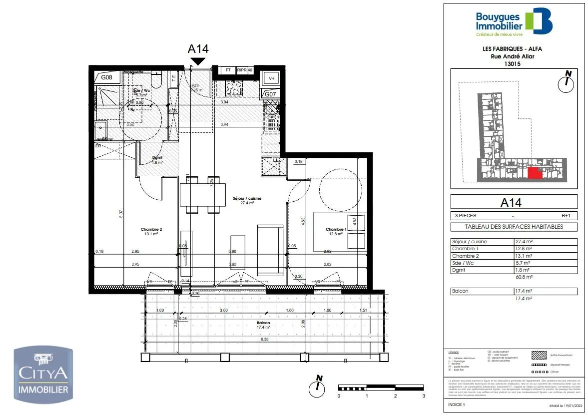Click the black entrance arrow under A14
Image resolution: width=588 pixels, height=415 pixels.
pyautogui.click(x=198, y=61)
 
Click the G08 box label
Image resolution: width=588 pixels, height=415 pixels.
pyautogui.click(x=107, y=77)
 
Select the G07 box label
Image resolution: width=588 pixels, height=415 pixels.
pyautogui.click(x=270, y=94)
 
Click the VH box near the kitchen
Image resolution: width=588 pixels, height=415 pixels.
pyautogui.click(x=272, y=78)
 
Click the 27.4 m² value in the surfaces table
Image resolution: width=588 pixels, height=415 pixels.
pyautogui.click(x=522, y=242)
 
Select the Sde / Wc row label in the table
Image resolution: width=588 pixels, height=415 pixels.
pyautogui.click(x=463, y=262)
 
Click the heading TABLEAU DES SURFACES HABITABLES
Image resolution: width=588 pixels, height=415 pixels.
pyautogui.click(x=514, y=226)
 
